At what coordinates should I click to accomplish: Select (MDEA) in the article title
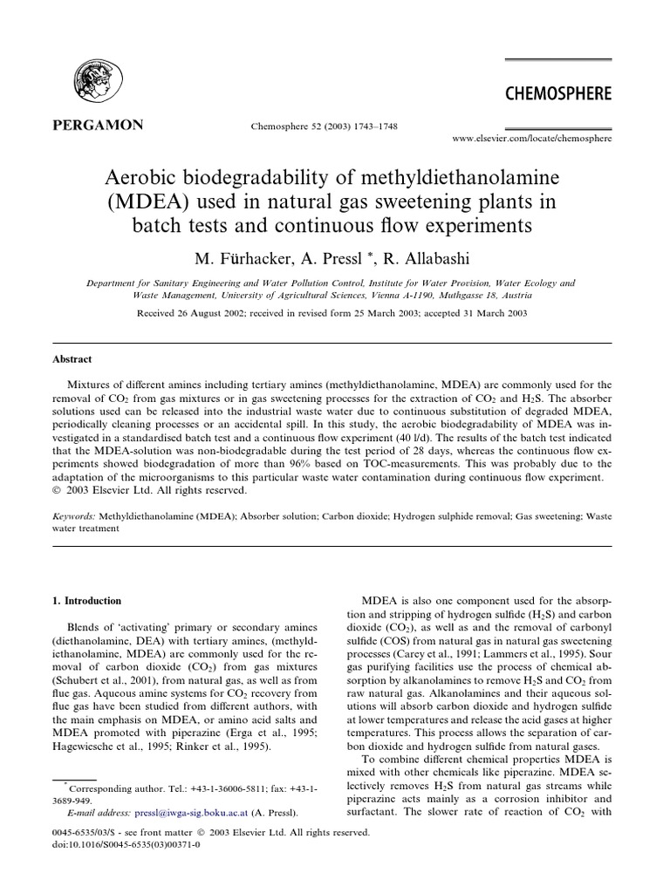[142, 202]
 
